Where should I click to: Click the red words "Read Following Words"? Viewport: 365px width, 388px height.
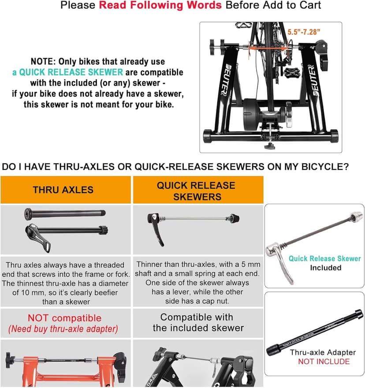(160, 5)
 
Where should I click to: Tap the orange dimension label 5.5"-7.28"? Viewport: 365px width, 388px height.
(304, 32)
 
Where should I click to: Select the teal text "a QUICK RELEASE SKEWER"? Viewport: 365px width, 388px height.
(67, 72)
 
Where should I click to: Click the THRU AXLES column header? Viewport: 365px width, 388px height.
(63, 190)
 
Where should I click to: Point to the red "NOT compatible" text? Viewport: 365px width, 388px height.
(65, 318)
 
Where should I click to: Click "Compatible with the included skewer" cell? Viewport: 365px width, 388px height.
(198, 322)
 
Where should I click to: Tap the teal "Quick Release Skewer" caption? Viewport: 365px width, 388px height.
(324, 258)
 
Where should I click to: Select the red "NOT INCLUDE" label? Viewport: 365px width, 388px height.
(324, 362)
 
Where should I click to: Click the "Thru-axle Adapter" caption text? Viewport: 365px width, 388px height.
(323, 352)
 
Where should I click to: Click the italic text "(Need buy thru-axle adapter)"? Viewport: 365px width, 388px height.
(63, 329)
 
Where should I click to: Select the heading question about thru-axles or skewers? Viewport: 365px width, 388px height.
(175, 167)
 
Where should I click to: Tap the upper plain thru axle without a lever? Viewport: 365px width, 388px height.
(65, 214)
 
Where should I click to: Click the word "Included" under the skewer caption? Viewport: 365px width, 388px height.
(326, 268)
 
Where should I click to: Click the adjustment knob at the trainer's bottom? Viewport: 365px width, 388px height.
(270, 145)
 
